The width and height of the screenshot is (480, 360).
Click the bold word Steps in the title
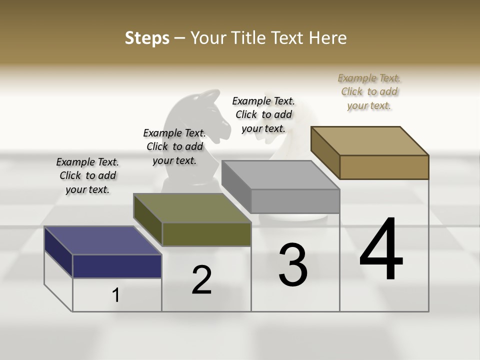coord(147,38)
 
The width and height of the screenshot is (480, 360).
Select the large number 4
coord(381,249)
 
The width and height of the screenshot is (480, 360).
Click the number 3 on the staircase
coord(293,265)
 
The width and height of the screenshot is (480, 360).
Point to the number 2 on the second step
coord(201,280)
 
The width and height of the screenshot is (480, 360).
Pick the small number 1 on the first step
coord(116,295)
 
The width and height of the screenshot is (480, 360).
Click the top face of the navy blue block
coord(103,240)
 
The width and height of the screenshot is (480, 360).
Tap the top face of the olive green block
coord(192,208)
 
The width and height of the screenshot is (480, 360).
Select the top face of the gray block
coord(280,175)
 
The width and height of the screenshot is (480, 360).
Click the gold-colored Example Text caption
coord(369,91)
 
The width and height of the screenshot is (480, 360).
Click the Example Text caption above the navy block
coord(87,175)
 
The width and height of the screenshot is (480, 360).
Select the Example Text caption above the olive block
coord(174,146)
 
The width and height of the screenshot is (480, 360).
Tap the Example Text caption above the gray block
coord(263,114)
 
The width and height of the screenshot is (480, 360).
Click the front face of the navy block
coord(117,266)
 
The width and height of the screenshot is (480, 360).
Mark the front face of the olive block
coord(206,234)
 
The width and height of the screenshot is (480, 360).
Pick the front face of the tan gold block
coord(384,167)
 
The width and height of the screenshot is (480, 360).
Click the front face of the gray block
coord(295,201)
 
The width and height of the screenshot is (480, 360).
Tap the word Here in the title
coord(329,38)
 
